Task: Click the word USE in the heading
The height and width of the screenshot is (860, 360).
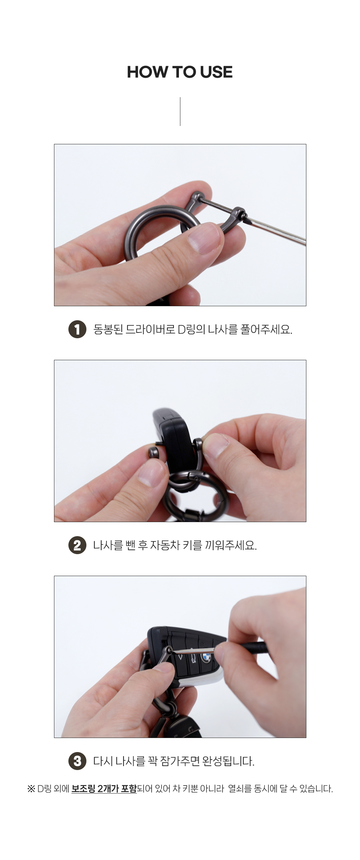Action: coord(216,72)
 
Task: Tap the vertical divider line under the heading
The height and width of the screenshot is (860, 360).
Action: coord(180,112)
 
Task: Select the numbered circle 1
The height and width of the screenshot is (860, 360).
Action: coord(77,329)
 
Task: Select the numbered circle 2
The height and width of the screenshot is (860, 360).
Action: coord(77,545)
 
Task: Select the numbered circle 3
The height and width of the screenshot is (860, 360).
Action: coord(77,761)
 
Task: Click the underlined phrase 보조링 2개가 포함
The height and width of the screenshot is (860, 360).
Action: coord(104,789)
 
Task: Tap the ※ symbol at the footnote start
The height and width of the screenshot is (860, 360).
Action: coord(31,789)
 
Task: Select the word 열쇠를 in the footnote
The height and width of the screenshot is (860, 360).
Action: coord(240,789)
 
